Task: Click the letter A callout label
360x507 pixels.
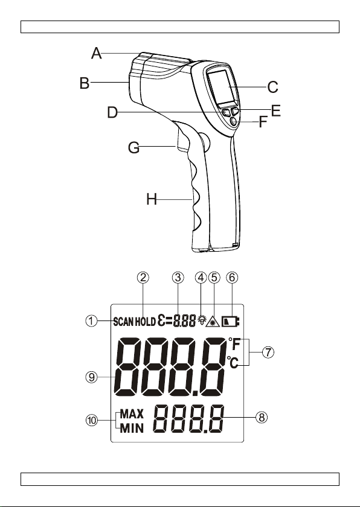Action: [x=97, y=53]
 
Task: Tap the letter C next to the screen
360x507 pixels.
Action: [x=272, y=87]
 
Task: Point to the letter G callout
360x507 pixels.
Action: [x=133, y=148]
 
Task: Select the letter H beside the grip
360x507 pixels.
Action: [x=152, y=199]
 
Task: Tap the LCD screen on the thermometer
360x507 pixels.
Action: [x=222, y=87]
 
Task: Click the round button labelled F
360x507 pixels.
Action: [x=234, y=121]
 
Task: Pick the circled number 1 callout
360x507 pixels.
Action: [x=91, y=320]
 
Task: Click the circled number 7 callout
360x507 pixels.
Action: [x=268, y=352]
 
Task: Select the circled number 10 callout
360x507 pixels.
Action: [x=92, y=420]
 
